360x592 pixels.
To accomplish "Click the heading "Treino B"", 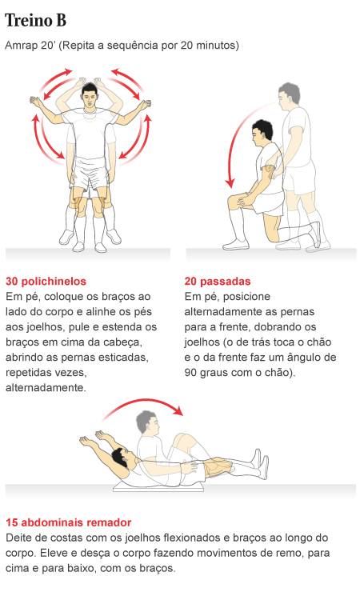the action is coord(35,20).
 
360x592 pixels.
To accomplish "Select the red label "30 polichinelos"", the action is coord(46,282).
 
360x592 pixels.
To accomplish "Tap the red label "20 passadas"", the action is coord(218,282).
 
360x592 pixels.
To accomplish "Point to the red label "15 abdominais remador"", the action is coord(68,522).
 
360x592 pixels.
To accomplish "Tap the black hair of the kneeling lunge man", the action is coord(263,128).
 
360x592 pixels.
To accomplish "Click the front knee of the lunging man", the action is coord(234,202).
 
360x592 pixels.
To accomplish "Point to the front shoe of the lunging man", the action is coord(236,246).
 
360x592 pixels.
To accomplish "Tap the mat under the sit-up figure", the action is coord(158,488).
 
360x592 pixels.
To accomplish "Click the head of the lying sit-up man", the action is coord(122,457).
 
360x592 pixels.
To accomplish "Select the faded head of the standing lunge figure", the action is coord(289,94).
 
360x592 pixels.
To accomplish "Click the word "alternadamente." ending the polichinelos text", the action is coord(46,388).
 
